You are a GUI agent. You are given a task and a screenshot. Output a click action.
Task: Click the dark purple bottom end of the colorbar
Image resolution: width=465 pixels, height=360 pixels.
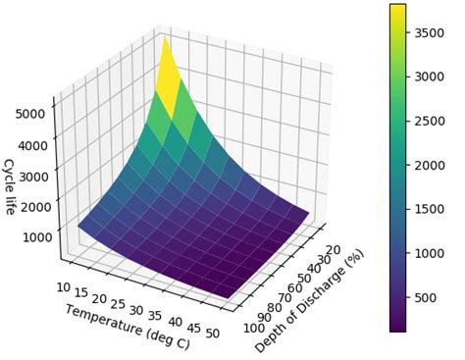point(397,329)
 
